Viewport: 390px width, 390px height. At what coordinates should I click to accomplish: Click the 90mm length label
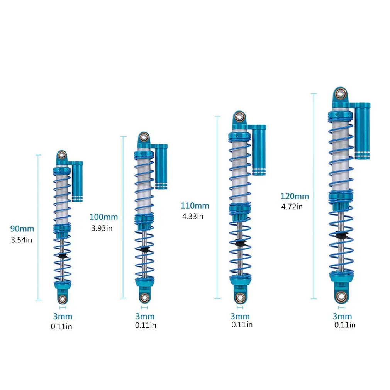tap(22, 229)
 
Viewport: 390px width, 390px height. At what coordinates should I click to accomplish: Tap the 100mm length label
tap(103, 217)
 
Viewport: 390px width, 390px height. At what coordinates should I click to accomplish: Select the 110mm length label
tap(195, 205)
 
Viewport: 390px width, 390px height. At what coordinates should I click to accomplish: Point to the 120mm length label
tap(295, 196)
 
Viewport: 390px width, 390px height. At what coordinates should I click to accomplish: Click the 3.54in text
tap(22, 240)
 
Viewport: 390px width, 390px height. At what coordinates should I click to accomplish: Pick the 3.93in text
tap(102, 228)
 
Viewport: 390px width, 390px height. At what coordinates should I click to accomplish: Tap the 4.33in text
tap(193, 216)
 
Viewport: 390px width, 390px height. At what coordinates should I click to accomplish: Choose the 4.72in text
tap(292, 207)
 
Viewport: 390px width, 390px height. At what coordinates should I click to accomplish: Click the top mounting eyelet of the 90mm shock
tap(61, 155)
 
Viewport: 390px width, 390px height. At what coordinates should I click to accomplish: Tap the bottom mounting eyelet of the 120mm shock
tap(341, 296)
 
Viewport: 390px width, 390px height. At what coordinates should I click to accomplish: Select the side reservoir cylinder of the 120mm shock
tap(362, 131)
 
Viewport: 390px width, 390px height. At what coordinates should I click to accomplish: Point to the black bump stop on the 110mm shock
tap(239, 243)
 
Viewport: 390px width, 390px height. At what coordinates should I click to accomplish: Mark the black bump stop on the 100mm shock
tap(144, 248)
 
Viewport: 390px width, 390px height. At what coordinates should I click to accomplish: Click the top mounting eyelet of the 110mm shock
tap(239, 116)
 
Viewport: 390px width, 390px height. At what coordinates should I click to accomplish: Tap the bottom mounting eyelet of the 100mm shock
tap(144, 298)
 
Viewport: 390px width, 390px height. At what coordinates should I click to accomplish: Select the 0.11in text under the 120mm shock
tap(345, 325)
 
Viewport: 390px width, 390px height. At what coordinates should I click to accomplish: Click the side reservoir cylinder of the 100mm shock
tap(161, 167)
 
